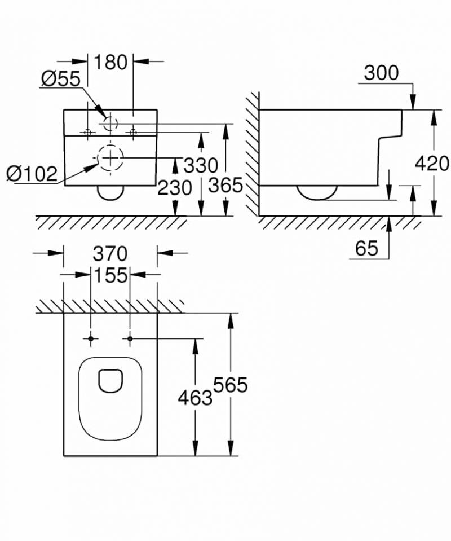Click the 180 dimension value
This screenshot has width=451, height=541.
point(110,61)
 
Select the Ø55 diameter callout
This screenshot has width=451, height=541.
point(60,79)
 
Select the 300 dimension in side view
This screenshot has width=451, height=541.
point(381,73)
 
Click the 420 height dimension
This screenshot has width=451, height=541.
point(432,164)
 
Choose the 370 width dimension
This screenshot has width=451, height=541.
point(110,254)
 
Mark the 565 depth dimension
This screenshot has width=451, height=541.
point(231,385)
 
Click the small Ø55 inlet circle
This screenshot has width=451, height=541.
point(110,123)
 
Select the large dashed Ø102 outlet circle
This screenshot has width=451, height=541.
point(111,157)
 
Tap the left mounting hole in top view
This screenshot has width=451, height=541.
point(91,338)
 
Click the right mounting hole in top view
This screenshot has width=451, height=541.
point(130,338)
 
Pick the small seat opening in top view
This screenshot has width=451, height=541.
point(110,381)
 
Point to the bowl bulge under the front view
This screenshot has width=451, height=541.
point(110,193)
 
